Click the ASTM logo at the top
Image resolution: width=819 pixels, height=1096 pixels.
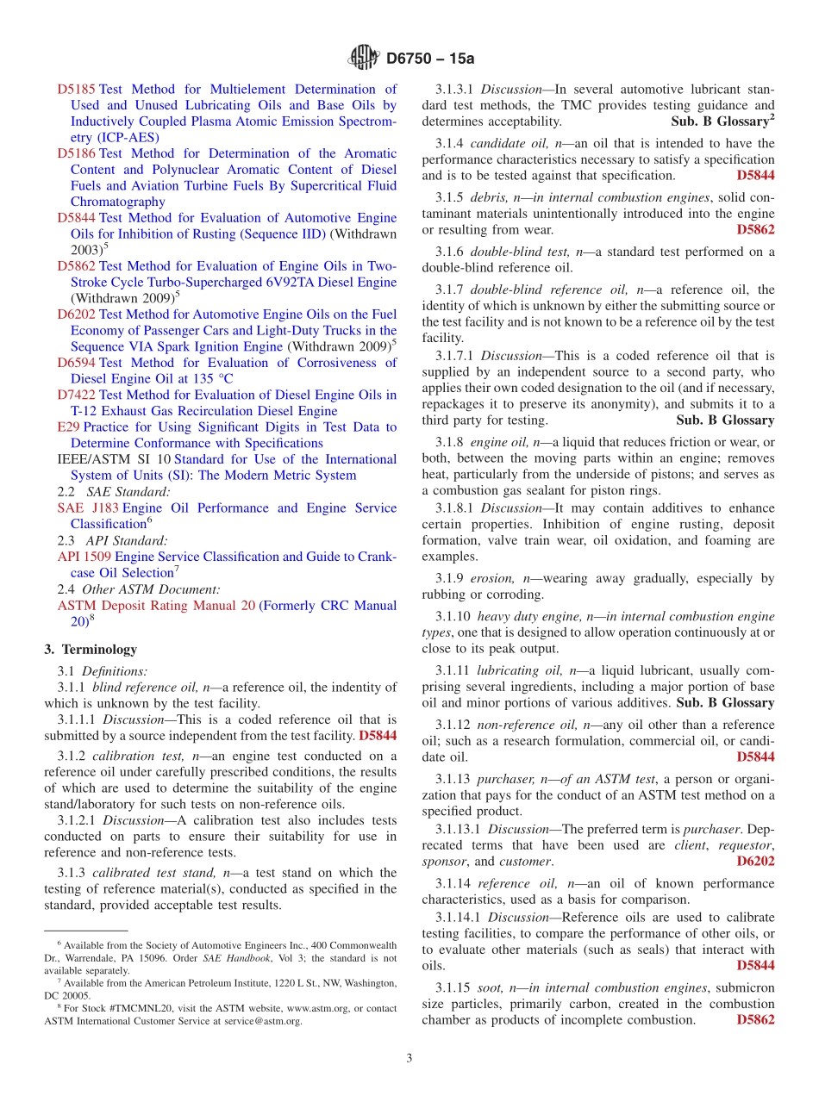[363, 58]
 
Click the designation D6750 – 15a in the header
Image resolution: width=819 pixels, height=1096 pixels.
[431, 59]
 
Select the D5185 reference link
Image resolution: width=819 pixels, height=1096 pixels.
[77, 89]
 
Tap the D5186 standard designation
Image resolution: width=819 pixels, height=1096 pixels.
[77, 153]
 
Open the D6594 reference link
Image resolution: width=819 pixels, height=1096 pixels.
[77, 363]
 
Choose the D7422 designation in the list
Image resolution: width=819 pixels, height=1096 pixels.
[77, 395]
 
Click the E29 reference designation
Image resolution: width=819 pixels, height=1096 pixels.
[68, 427]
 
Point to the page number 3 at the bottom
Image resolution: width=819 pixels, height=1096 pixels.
[409, 1058]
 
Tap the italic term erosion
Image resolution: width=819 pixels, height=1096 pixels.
[495, 578]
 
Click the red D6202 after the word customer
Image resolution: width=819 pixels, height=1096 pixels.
[755, 861]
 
